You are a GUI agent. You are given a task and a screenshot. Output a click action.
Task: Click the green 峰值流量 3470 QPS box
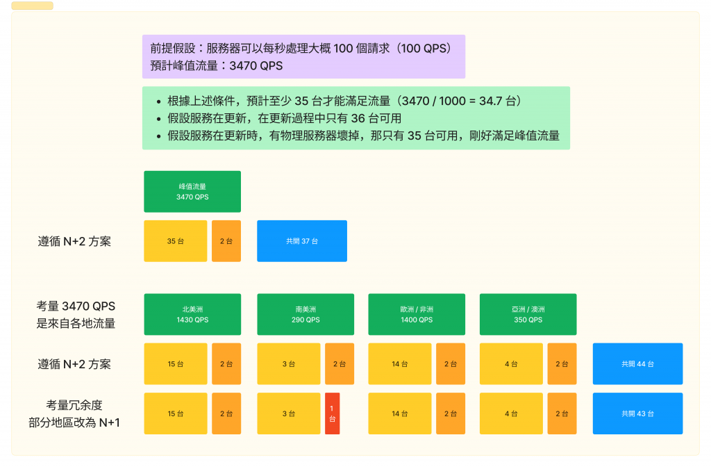[192, 192]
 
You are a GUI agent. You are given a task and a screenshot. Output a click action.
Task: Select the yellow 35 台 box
[176, 241]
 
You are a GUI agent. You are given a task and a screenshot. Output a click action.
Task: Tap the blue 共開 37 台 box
[302, 241]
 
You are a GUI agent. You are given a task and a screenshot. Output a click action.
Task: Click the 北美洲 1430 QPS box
[192, 315]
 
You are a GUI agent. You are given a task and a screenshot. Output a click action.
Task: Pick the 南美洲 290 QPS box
[306, 315]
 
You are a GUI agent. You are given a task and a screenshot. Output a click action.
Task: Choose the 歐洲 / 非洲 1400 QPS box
[417, 315]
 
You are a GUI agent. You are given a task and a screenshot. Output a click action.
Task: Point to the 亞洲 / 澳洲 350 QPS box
[528, 315]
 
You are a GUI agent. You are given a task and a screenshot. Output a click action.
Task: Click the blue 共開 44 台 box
[637, 363]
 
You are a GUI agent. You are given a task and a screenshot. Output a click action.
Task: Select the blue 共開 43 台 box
[637, 413]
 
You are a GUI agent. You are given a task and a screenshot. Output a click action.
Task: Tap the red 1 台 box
[332, 413]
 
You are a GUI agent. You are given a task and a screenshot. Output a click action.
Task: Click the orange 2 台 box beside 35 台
[226, 241]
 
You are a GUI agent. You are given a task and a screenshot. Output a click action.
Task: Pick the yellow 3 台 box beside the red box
[289, 413]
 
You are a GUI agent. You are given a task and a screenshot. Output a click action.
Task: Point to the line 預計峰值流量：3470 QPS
[217, 66]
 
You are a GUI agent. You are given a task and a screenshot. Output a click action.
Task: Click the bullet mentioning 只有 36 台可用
[285, 119]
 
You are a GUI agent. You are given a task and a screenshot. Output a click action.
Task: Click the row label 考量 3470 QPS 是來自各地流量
[76, 315]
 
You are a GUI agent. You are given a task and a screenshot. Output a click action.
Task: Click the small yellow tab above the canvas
[33, 6]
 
